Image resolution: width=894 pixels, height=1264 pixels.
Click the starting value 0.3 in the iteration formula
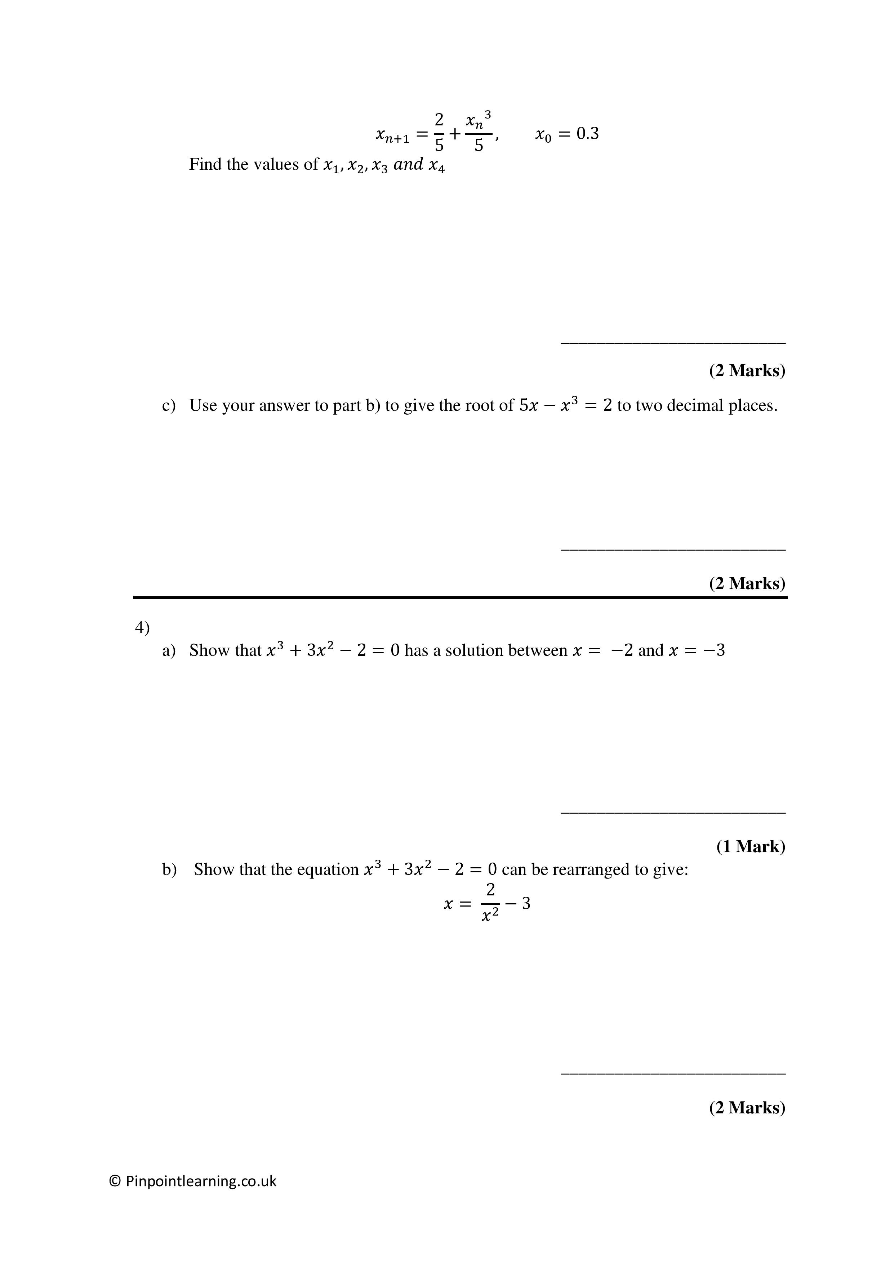pos(587,134)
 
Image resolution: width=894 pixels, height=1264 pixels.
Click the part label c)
pos(168,406)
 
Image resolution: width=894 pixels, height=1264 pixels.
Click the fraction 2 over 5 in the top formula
pos(439,133)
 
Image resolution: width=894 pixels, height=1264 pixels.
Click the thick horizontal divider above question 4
pos(460,597)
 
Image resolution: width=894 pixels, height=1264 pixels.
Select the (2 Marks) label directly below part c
pos(747,583)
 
